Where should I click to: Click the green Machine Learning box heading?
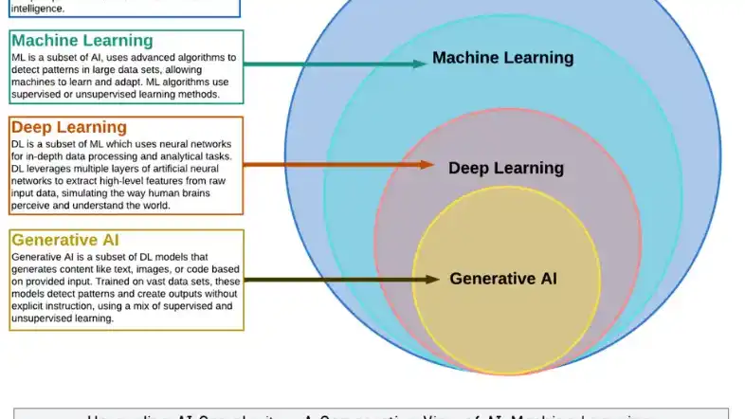82,41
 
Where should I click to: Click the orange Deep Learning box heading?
68,127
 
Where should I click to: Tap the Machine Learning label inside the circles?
502,58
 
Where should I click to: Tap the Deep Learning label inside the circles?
505,169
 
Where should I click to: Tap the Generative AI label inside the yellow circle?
502,279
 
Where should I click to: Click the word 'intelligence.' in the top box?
38,8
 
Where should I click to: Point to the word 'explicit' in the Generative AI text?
31,306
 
